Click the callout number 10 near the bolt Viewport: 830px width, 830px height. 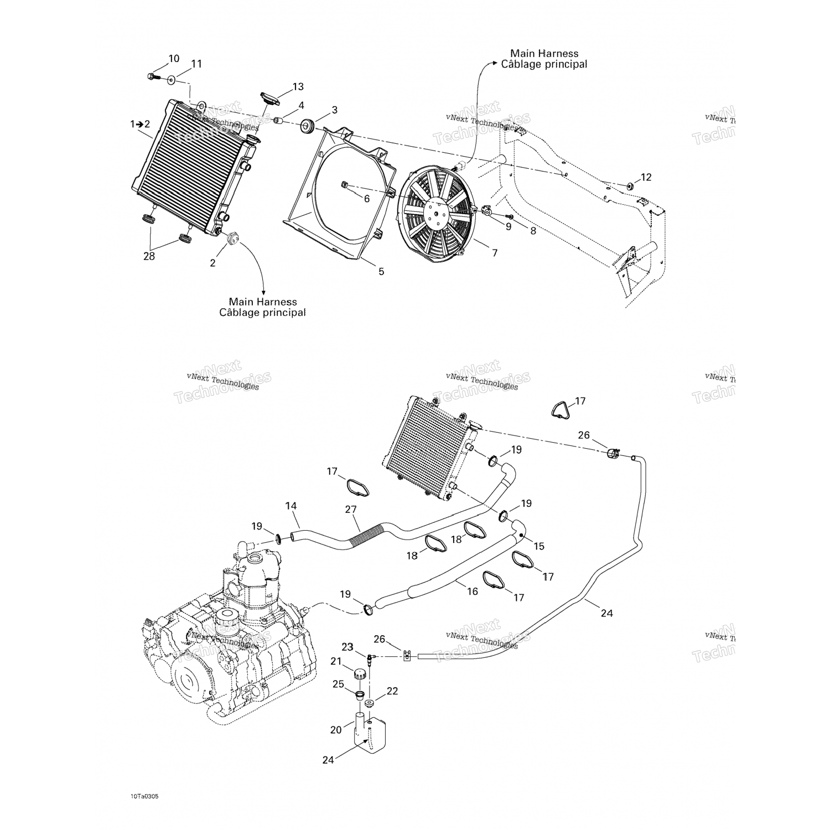174,59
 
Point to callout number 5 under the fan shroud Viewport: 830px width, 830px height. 381,272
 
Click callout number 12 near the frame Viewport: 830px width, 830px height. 646,177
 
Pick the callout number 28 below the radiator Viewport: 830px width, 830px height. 149,256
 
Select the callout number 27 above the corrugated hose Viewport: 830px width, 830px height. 351,510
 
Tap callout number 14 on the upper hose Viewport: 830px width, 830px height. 291,506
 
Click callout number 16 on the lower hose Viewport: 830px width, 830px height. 472,592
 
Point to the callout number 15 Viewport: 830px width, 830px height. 539,546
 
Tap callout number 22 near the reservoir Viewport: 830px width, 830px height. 392,691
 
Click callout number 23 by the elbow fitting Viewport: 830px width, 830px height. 347,647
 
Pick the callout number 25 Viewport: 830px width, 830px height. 338,684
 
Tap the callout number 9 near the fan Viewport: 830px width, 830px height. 508,226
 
